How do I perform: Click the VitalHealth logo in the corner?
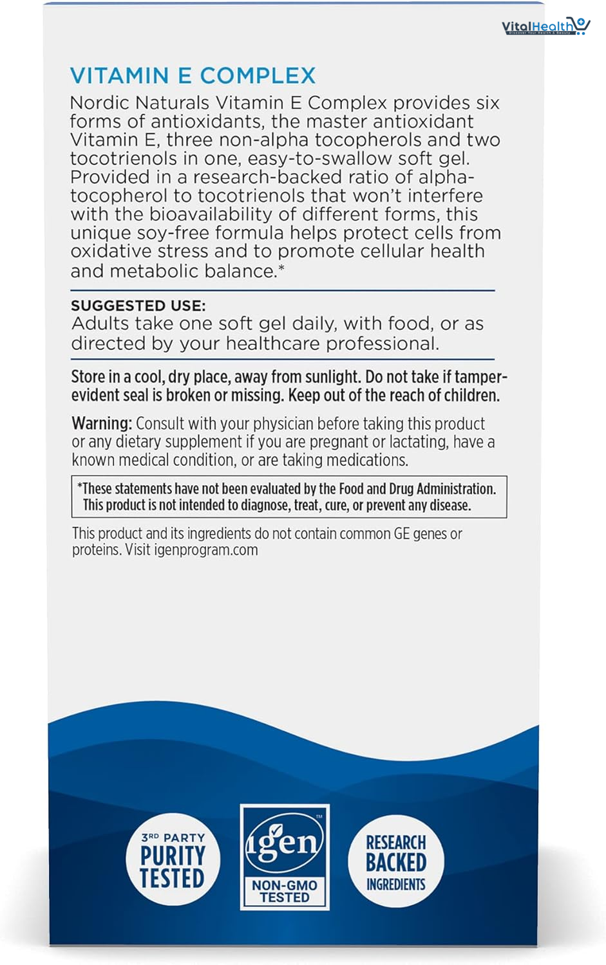545,26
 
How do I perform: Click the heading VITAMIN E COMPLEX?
193,76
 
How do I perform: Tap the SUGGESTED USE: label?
138,306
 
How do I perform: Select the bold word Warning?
102,423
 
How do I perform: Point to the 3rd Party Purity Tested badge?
173,860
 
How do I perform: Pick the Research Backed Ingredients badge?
395,861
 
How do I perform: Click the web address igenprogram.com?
205,550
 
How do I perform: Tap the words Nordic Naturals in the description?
140,103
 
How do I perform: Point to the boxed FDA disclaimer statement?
289,497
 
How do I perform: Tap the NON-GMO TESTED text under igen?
284,891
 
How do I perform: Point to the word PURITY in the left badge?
173,856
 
